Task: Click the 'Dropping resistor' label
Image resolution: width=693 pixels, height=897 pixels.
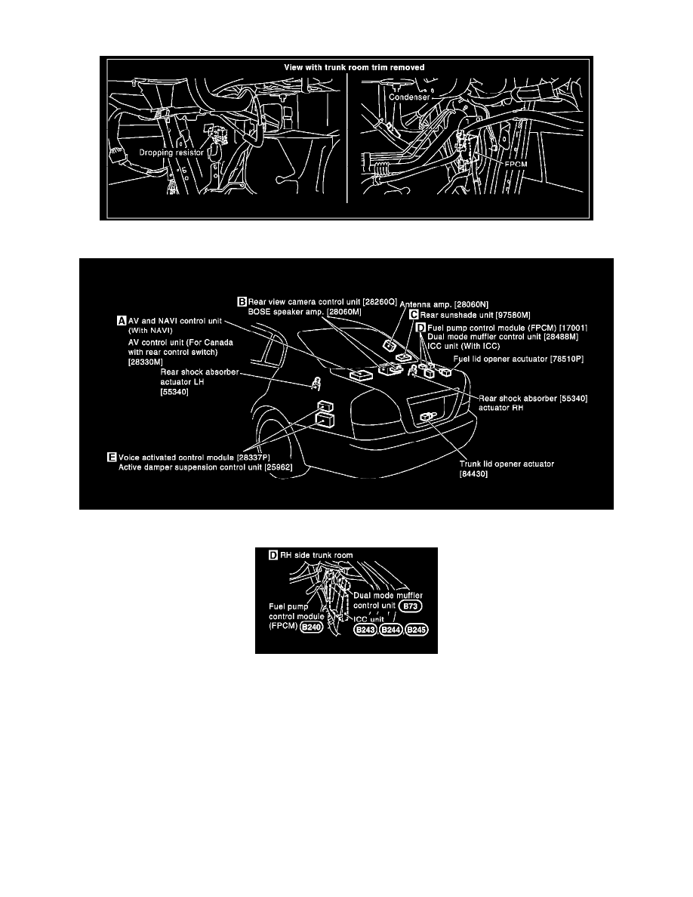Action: click(x=171, y=153)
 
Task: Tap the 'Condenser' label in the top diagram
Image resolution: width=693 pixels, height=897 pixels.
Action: click(x=409, y=97)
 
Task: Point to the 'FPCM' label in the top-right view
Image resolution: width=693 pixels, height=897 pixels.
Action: click(x=516, y=164)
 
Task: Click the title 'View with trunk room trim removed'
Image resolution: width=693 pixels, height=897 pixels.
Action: click(x=355, y=67)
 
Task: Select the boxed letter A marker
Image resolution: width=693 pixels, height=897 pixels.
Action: click(x=122, y=321)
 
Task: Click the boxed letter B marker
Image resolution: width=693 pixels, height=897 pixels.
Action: click(x=242, y=301)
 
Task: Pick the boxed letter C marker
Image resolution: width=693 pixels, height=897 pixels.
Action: click(x=414, y=315)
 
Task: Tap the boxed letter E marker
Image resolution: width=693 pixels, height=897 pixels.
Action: click(x=112, y=457)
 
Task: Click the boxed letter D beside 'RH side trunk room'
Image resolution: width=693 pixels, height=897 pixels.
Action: click(x=273, y=555)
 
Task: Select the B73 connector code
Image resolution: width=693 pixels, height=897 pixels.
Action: click(x=411, y=606)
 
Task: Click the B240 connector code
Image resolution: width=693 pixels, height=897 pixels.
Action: click(x=312, y=627)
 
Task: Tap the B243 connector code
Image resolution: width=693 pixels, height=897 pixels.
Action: click(x=365, y=630)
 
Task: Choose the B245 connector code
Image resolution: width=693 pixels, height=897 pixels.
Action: click(x=417, y=630)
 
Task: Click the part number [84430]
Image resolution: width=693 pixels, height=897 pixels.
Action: click(x=474, y=474)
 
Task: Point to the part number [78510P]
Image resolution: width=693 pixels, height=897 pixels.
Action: click(x=567, y=359)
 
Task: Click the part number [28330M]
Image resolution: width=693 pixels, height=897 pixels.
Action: click(x=145, y=362)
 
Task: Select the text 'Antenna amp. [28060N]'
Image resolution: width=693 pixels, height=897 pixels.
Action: click(x=444, y=305)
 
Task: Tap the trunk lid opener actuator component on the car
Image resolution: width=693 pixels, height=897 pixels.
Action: click(x=427, y=418)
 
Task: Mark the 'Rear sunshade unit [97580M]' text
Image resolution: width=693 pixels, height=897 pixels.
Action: click(x=476, y=315)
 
